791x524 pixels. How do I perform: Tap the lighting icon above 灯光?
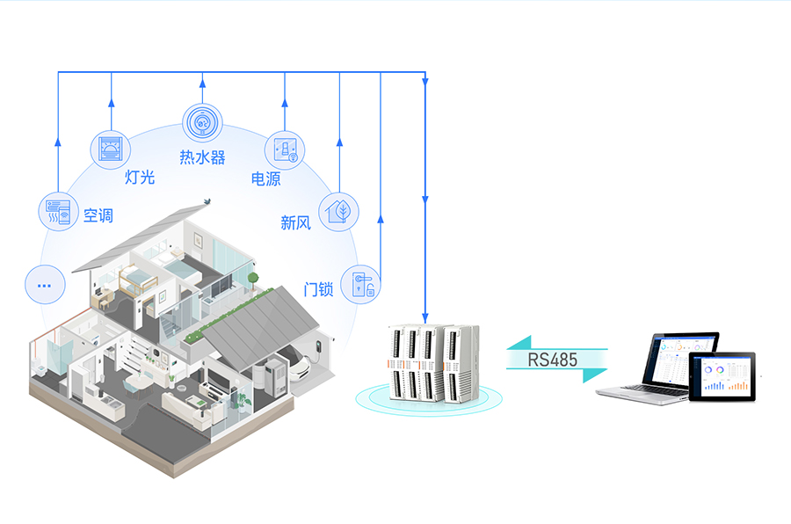tap(112, 147)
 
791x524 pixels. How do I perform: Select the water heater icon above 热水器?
tap(202, 123)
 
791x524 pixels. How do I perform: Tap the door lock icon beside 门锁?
tap(361, 284)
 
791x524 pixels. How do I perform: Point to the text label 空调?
tap(98, 215)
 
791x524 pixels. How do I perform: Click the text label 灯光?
tap(140, 177)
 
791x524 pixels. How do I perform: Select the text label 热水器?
tap(202, 157)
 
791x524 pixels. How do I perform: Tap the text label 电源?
tap(265, 178)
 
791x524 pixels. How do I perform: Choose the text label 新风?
tap(295, 222)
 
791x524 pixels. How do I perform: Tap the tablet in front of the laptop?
tap(722, 375)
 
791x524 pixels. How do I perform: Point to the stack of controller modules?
tap(433, 362)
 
